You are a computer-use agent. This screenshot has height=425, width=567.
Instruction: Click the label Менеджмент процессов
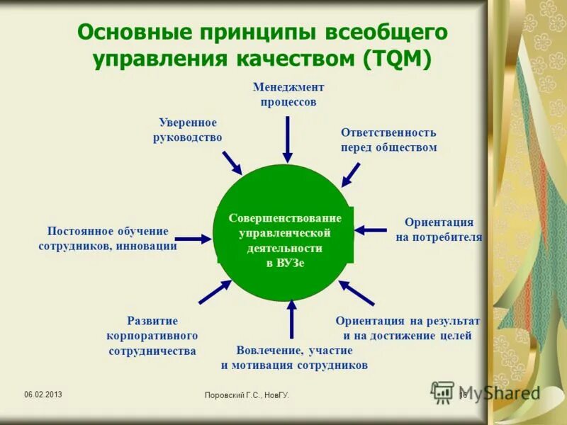[288, 94]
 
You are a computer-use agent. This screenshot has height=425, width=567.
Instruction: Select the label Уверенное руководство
[188, 130]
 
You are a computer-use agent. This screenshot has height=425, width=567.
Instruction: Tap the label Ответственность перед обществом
[388, 140]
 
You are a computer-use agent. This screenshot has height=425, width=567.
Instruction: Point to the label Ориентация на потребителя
[439, 229]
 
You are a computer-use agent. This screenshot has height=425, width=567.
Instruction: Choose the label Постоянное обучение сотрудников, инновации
[108, 239]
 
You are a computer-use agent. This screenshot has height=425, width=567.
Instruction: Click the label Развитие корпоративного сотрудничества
[152, 336]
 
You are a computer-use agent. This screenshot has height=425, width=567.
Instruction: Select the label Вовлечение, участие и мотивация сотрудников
[294, 358]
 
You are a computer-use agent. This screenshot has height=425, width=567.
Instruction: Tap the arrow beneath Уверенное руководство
[232, 163]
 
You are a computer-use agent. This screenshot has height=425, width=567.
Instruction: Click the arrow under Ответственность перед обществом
[349, 174]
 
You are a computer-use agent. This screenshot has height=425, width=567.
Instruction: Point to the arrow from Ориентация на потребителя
[370, 229]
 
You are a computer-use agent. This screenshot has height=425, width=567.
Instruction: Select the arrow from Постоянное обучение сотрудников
[193, 239]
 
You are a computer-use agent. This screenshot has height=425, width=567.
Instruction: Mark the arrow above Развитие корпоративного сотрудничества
[215, 292]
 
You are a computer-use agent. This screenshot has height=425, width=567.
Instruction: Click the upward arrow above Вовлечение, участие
[291, 319]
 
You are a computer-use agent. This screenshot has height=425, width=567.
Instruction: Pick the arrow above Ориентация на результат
[356, 292]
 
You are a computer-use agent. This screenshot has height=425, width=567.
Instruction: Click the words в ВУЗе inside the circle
[285, 263]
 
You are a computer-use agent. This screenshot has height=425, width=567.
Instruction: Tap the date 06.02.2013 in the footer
[43, 394]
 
